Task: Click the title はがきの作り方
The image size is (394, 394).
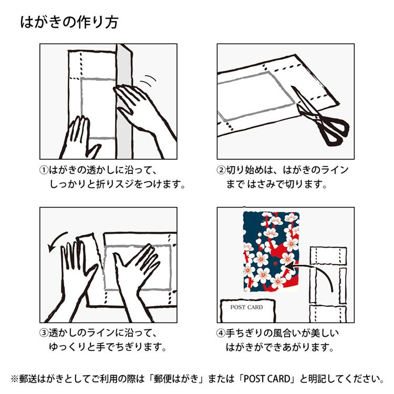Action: pos(69,22)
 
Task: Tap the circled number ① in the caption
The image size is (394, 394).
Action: pos(44,170)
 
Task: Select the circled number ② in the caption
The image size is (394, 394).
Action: pos(221,170)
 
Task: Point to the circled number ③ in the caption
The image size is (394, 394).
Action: pos(44,333)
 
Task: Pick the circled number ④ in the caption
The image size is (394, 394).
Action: pos(221,333)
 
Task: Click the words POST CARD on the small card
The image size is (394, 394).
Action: pos(246,307)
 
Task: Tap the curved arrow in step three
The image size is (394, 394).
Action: pos(56,241)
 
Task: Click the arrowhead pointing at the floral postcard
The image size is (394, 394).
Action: pos(289,266)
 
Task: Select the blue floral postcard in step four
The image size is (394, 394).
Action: pos(272,252)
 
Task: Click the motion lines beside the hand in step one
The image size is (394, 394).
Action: pos(148,80)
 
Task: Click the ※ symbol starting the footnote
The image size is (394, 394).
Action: pos(15,379)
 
